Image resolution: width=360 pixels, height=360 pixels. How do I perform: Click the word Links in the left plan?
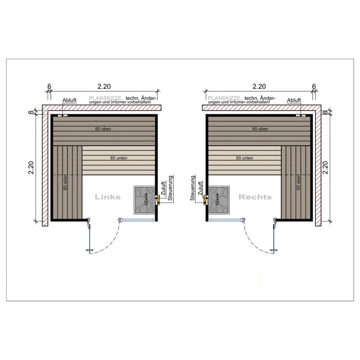pos(108,197)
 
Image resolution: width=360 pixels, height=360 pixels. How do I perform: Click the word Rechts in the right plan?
pos(255,197)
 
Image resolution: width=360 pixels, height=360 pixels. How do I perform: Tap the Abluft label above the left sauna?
pos(69,100)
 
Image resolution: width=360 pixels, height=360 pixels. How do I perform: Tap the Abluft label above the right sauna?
pos(294,100)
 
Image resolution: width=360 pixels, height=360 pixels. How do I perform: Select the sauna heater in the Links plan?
pos(145,200)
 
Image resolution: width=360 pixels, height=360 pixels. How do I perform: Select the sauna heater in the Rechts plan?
pos(219,200)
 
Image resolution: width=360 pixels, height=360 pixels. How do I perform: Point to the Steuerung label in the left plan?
pos(170,188)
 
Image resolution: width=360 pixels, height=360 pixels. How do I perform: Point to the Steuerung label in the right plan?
pos(193,188)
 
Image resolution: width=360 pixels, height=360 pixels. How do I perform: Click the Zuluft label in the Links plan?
pos(163,189)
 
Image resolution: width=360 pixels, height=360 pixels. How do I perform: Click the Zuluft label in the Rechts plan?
pos(200,189)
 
